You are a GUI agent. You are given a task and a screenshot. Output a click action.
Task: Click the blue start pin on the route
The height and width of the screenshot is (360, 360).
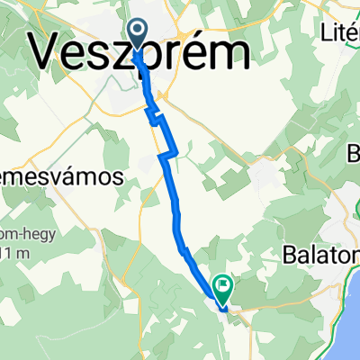coord(138,33)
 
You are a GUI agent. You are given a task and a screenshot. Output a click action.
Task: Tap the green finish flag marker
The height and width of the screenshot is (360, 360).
coord(221,287)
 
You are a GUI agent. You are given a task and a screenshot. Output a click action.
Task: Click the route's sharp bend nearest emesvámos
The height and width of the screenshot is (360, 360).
coord(161,156)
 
